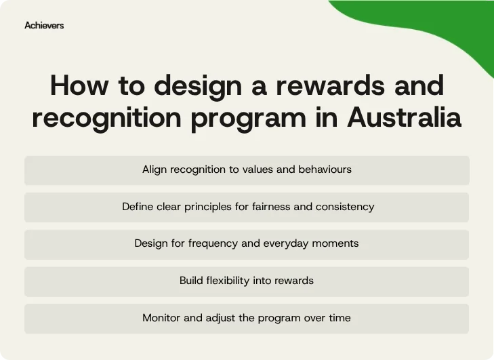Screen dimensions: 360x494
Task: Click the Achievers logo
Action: point(44,25)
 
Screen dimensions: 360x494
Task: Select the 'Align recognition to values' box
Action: point(247,170)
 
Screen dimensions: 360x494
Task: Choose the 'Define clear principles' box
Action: point(247,207)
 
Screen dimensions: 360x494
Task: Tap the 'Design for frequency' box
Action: point(247,244)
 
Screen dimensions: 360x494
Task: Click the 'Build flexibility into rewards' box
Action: point(247,281)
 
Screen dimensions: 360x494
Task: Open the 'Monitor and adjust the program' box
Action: point(247,318)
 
